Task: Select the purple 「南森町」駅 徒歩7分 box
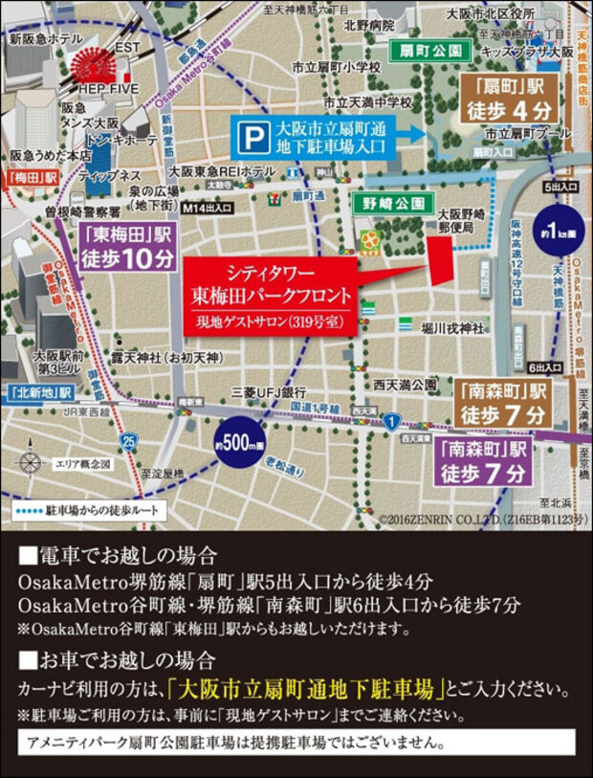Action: point(484,461)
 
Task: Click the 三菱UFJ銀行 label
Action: point(268,392)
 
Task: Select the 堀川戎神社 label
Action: point(451,328)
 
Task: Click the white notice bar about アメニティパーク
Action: point(296,743)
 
